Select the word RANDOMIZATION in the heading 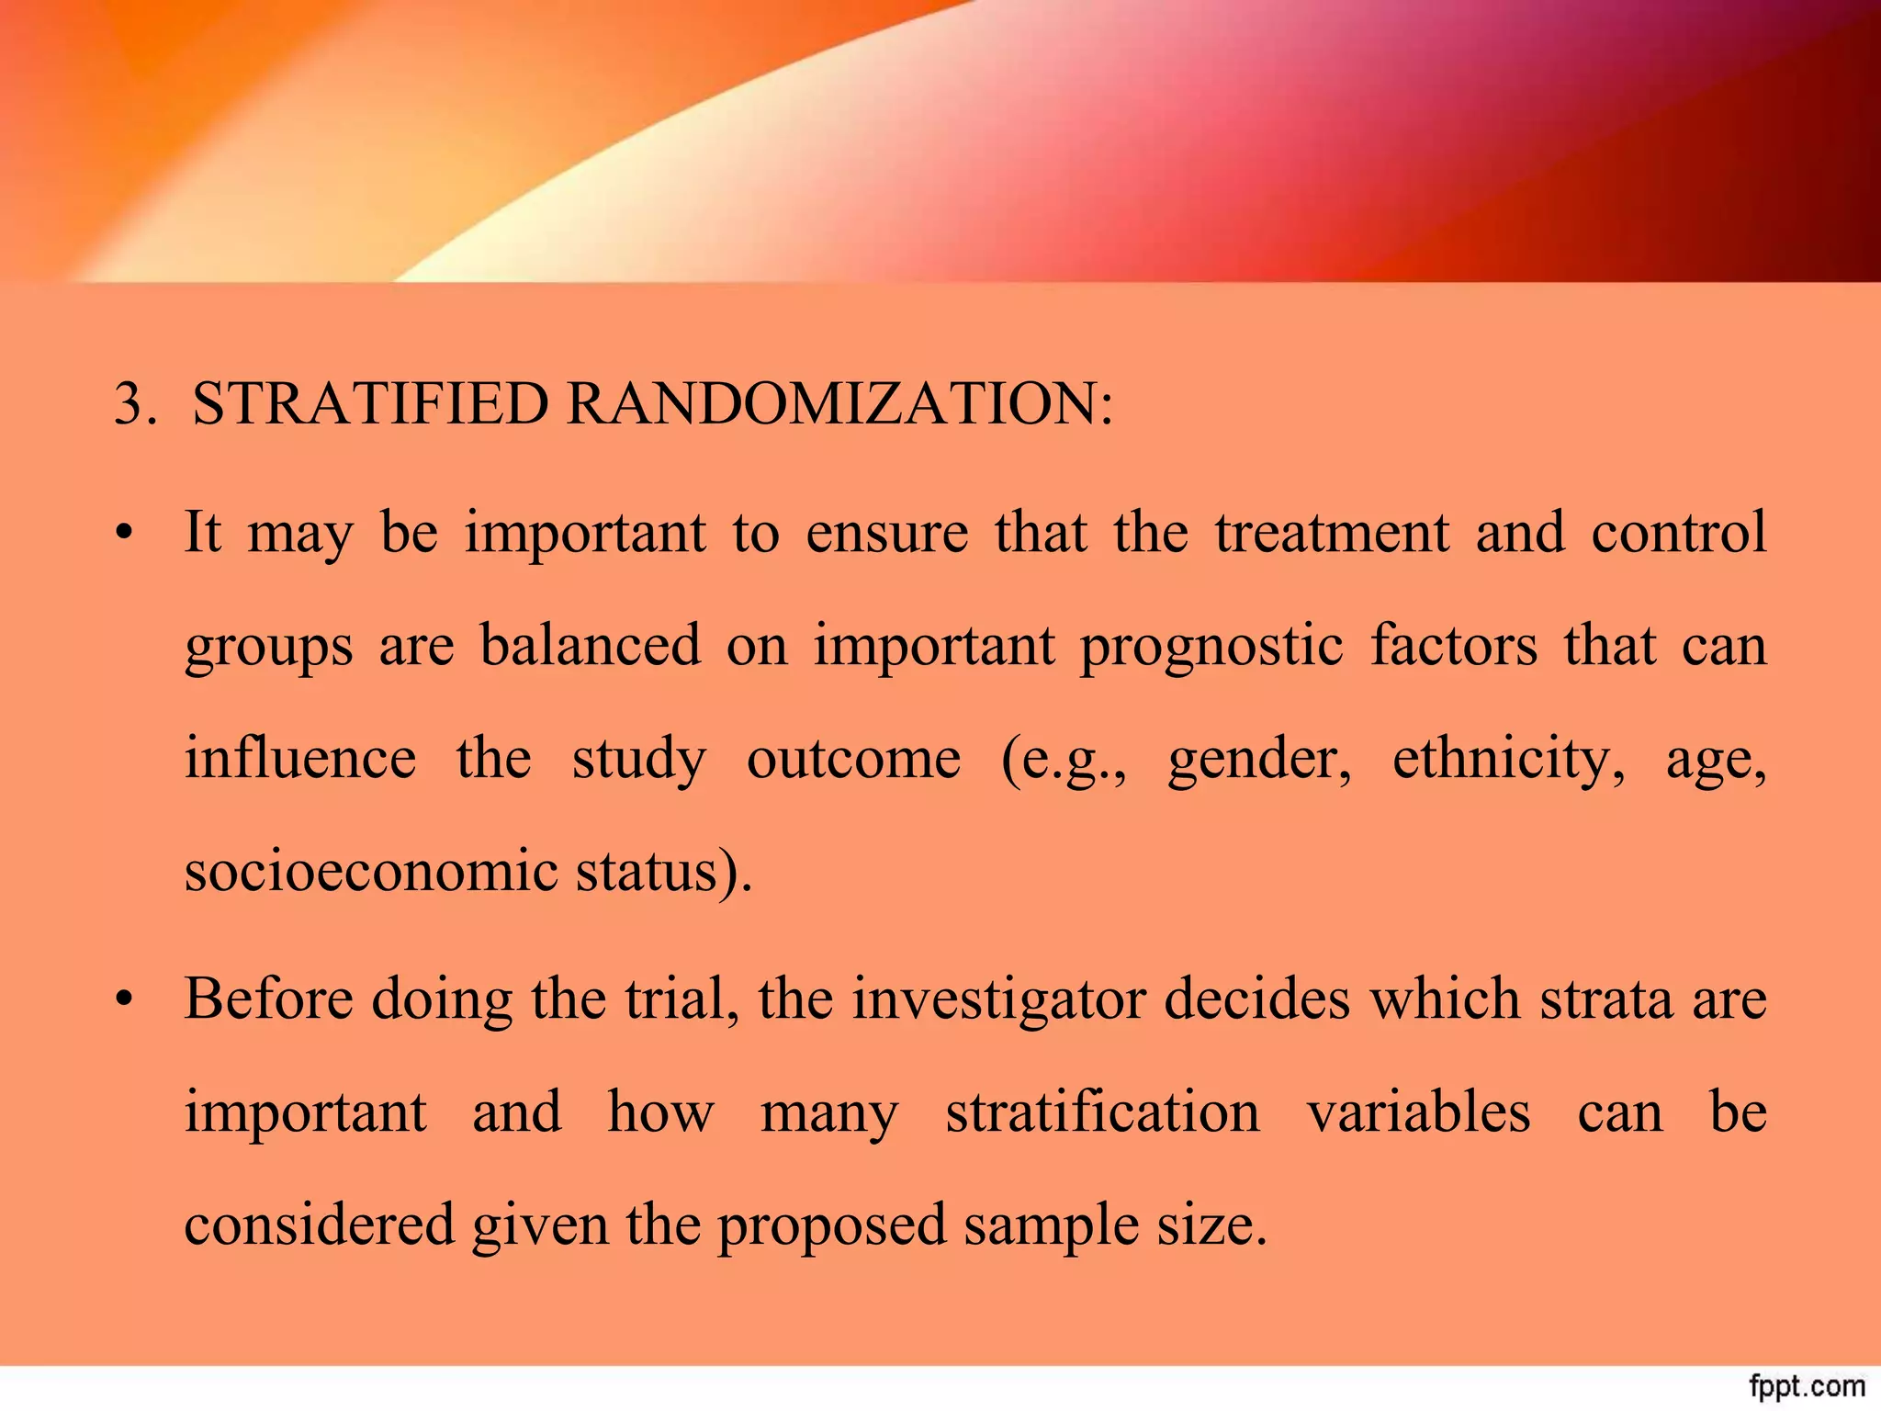[839, 403]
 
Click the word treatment [1331, 533]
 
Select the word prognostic [1212, 647]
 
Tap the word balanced [590, 645]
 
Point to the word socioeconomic [371, 871]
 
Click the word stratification [1102, 1112]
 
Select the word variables [1418, 1112]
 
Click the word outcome [853, 761]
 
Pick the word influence [300, 759]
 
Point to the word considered [320, 1225]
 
